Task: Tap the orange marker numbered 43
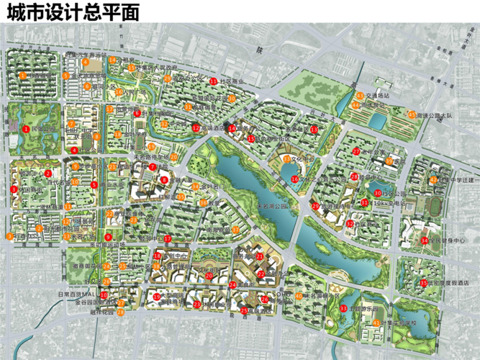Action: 358,95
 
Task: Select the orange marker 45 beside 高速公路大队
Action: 411,114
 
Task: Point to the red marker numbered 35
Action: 425,282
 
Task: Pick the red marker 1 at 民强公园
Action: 26,129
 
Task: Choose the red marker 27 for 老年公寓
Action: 356,151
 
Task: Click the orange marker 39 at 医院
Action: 389,161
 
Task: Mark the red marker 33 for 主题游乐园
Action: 344,308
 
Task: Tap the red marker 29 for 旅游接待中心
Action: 315,206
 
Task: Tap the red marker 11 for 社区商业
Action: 214,80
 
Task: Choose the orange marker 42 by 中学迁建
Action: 434,179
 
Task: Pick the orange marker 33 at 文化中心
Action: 286,158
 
